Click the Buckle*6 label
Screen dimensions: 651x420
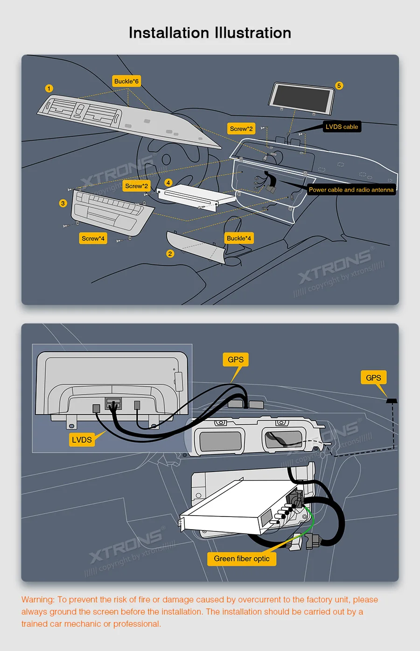(x=126, y=81)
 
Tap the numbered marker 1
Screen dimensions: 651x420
(x=49, y=88)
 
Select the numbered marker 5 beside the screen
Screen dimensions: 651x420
(x=339, y=86)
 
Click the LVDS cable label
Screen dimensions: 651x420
(x=342, y=127)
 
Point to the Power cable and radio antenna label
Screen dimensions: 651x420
(x=351, y=190)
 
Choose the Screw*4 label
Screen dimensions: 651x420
(x=93, y=238)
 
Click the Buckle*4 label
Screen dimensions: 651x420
(x=238, y=238)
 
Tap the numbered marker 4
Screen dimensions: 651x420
(x=168, y=183)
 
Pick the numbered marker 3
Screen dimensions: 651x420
(x=63, y=203)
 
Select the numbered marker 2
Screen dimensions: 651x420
(x=170, y=254)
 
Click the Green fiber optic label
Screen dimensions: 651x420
(x=242, y=559)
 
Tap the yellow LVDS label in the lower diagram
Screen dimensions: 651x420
(x=82, y=439)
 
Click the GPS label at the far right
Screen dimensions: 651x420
(x=373, y=377)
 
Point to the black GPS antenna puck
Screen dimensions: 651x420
(x=392, y=401)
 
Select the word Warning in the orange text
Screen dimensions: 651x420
(x=37, y=600)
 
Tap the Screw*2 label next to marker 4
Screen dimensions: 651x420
(x=136, y=186)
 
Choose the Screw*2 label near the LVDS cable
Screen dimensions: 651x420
(x=241, y=128)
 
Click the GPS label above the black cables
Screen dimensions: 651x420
(x=235, y=360)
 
